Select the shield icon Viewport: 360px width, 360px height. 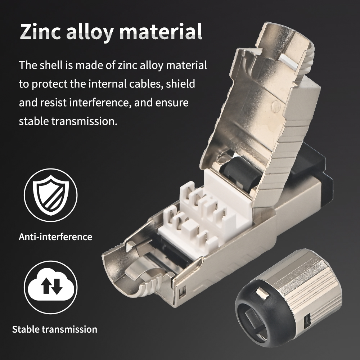[x=51, y=195]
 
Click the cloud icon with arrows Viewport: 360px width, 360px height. [x=51, y=287]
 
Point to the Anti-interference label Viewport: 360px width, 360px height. [x=55, y=237]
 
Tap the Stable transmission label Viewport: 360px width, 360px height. [x=55, y=329]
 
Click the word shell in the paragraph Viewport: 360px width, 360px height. [x=51, y=65]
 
